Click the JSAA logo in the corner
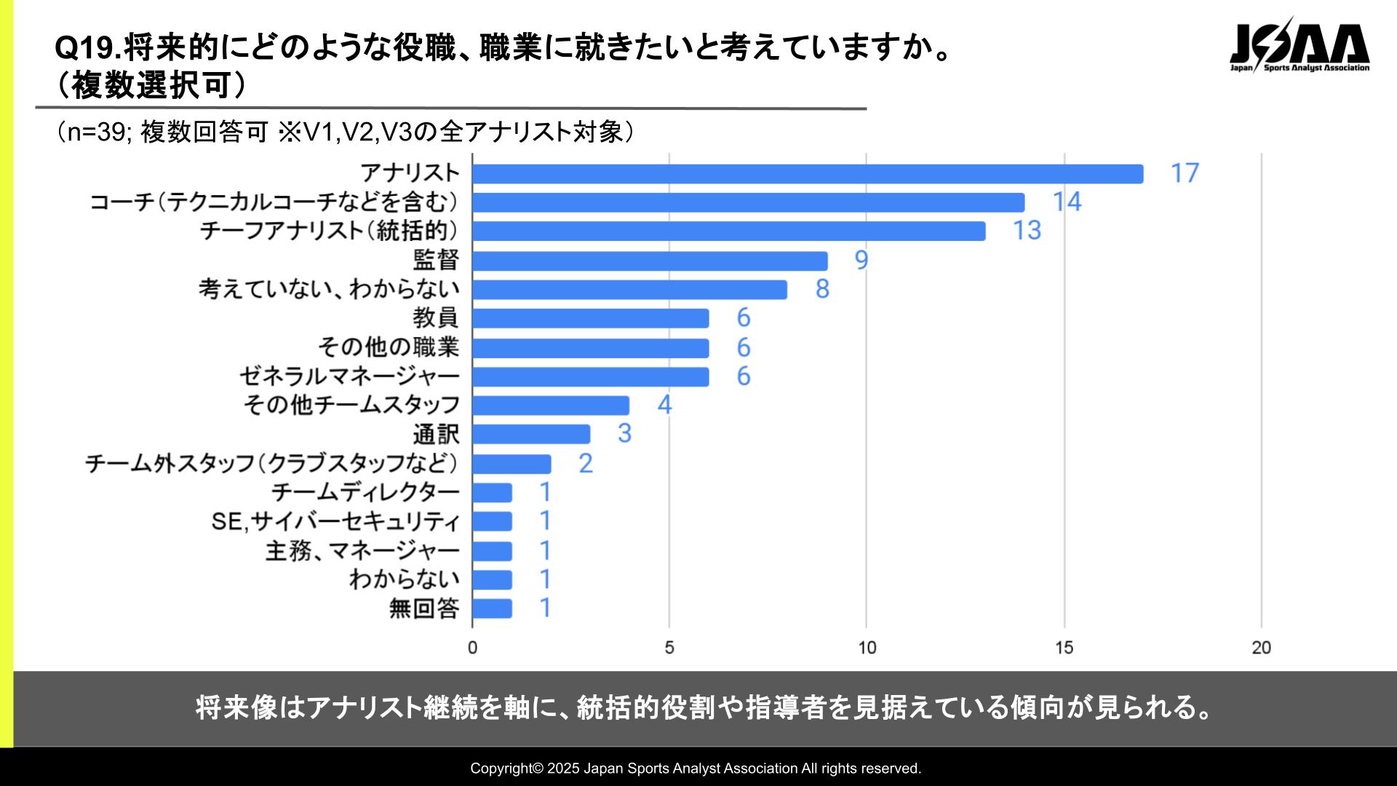(1300, 47)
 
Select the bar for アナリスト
(807, 174)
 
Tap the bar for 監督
(650, 261)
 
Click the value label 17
(1185, 173)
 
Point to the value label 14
(1067, 202)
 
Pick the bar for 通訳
(531, 434)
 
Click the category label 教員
(437, 318)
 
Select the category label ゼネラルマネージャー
(350, 376)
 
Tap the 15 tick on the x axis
(1064, 648)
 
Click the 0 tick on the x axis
(472, 648)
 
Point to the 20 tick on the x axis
(1261, 648)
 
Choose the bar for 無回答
(492, 608)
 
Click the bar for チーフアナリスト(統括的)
(728, 231)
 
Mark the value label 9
(861, 260)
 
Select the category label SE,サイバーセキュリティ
(335, 521)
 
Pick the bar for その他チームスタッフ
(551, 405)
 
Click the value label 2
(586, 463)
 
